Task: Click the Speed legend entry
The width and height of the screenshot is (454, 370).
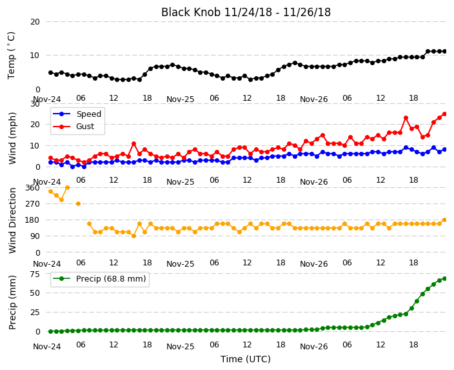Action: click(x=77, y=114)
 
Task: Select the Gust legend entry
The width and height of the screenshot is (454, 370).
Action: click(x=74, y=127)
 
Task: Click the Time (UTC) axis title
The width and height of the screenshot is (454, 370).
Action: click(x=246, y=359)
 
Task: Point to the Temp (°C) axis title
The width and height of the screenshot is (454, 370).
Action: click(x=11, y=56)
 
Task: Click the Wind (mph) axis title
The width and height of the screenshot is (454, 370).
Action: click(x=12, y=139)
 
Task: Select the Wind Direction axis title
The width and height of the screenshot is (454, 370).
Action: click(x=12, y=220)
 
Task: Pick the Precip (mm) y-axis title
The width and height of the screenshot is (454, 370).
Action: click(x=12, y=302)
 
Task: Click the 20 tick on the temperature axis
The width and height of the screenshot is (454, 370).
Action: click(x=35, y=22)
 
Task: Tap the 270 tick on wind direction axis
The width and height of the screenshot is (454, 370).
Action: click(x=32, y=204)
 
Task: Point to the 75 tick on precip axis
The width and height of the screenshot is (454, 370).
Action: click(x=35, y=274)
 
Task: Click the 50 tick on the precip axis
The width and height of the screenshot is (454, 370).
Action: click(x=35, y=293)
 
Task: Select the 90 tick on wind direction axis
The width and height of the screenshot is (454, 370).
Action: click(x=35, y=236)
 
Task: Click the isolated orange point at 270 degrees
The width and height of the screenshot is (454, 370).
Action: click(x=78, y=204)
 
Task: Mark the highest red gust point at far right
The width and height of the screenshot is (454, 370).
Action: click(x=445, y=114)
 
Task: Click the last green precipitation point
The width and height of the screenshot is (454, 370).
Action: click(x=445, y=279)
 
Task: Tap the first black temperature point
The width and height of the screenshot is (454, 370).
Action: click(x=51, y=72)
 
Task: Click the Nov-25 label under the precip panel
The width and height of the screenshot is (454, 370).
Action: click(x=180, y=347)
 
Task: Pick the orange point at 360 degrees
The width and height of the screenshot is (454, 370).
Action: click(x=67, y=188)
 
